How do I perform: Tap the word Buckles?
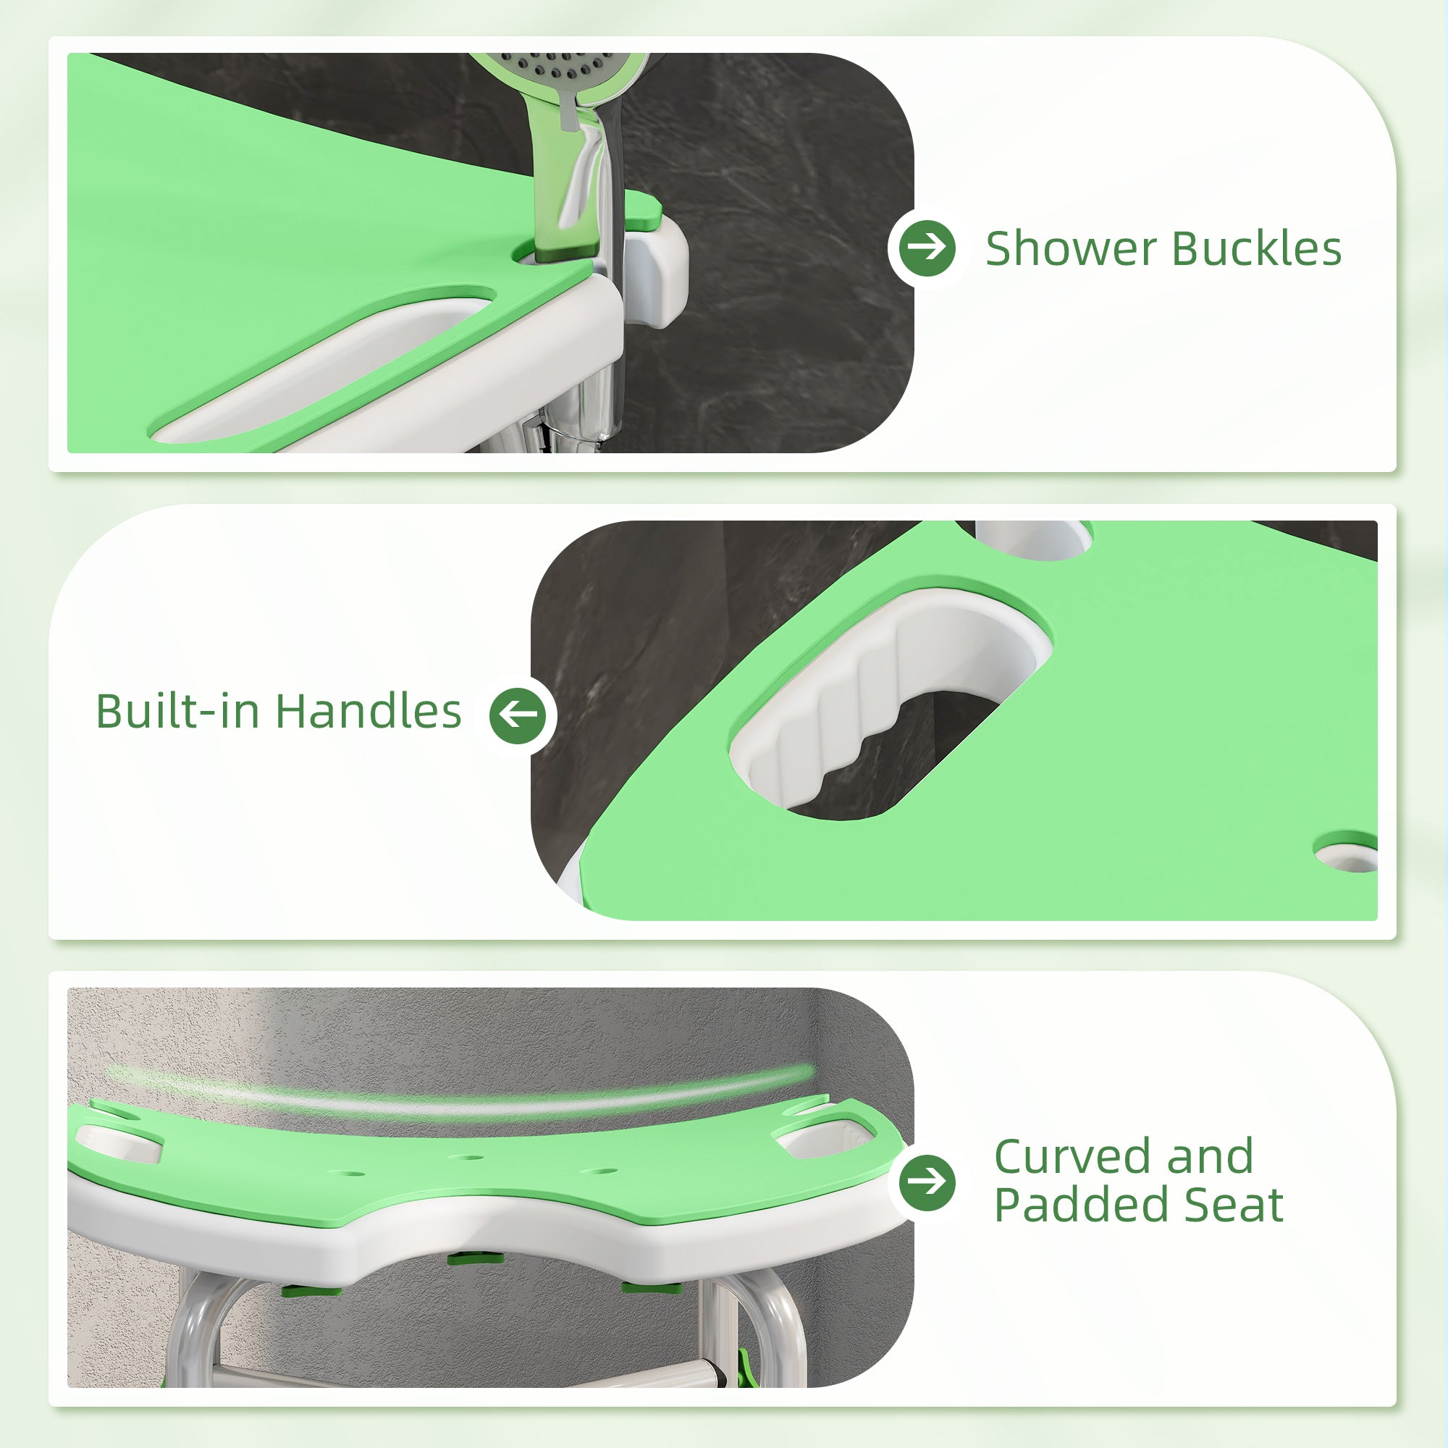click(1256, 249)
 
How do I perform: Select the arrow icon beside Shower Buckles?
click(927, 248)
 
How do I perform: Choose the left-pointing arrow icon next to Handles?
click(518, 715)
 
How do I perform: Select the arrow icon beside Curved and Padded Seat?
click(927, 1182)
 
